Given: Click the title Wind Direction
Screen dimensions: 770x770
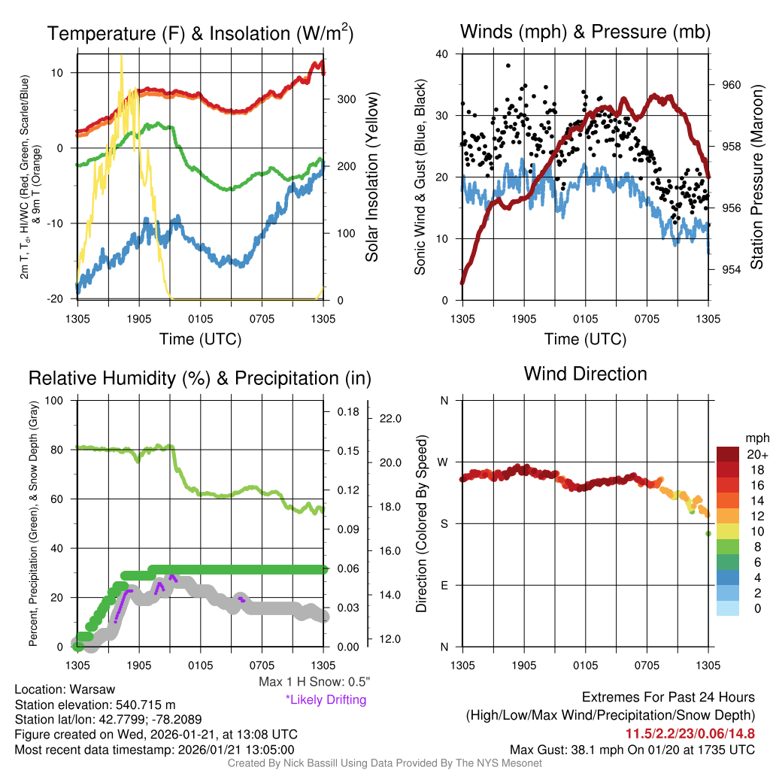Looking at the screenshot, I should click(585, 374).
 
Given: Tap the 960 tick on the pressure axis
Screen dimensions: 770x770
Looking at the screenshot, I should click(731, 85).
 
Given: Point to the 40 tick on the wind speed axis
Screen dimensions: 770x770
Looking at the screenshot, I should click(442, 54).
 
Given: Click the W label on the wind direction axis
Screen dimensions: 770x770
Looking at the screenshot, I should click(444, 462).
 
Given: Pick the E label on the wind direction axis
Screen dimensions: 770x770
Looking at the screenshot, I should click(444, 585).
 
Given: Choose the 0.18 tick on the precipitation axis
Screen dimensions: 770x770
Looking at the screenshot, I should click(348, 412).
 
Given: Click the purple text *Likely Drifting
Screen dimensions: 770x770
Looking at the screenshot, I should click(326, 700).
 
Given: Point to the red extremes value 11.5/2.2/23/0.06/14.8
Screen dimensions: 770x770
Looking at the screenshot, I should click(690, 733).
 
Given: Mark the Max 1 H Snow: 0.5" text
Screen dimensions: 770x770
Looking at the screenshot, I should click(314, 682).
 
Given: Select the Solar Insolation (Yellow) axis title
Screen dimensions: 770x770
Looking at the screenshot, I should click(371, 177).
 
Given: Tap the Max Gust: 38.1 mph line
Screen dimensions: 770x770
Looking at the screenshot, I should click(632, 750).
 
